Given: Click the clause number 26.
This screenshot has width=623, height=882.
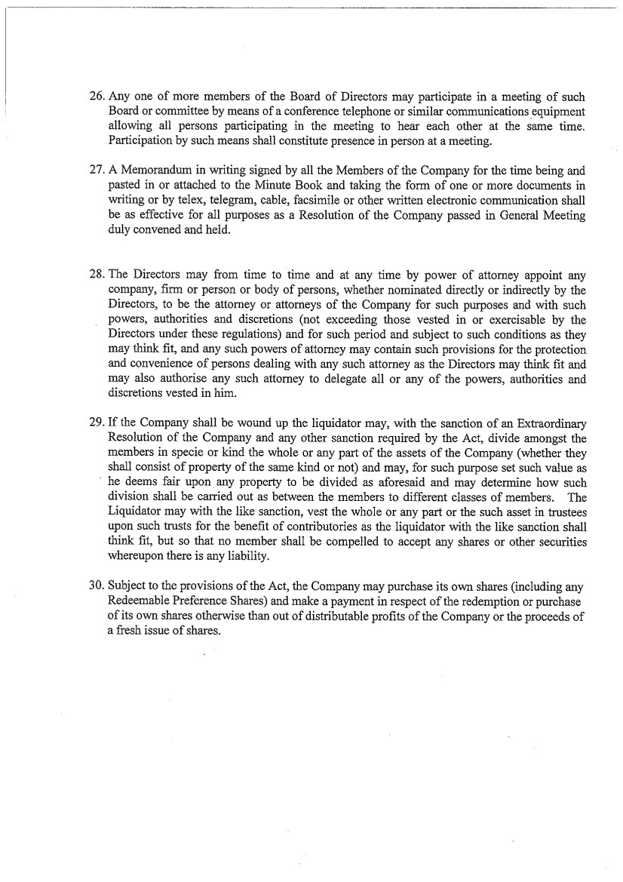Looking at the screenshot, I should [x=97, y=97].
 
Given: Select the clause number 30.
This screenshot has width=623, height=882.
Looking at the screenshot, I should [x=97, y=585].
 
